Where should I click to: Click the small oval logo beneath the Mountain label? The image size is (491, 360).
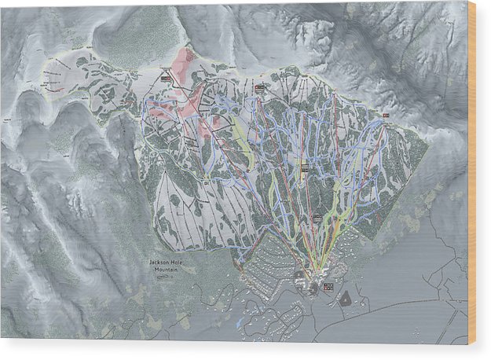point(163,277)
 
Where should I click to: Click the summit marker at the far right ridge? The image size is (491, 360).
point(385,116)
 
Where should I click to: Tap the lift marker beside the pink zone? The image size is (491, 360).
point(166,79)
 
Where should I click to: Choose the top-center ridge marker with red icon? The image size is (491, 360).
point(258,87)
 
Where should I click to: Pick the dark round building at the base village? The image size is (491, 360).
point(313,288)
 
